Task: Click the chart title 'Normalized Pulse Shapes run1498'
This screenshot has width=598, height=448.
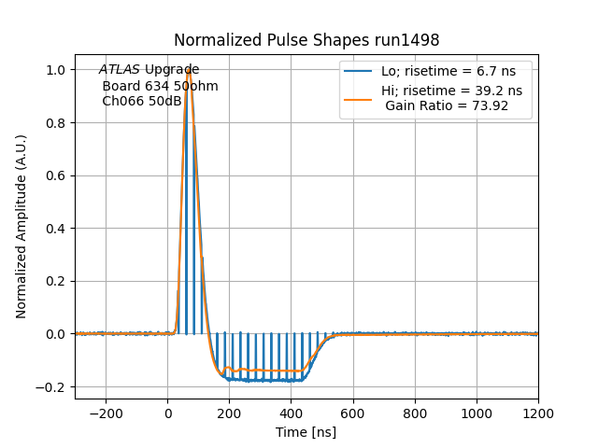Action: pyautogui.click(x=306, y=40)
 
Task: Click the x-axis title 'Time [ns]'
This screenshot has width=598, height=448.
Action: pyautogui.click(x=306, y=432)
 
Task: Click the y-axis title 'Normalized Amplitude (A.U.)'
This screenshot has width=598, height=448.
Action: pyautogui.click(x=21, y=227)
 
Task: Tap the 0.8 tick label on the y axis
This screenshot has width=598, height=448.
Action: pyautogui.click(x=56, y=123)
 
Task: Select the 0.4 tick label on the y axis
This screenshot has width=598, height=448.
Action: pyautogui.click(x=56, y=229)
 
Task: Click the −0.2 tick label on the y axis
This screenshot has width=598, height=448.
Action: pyautogui.click(x=52, y=386)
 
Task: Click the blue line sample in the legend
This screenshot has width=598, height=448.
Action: pyautogui.click(x=359, y=71)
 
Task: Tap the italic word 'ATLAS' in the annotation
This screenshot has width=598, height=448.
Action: pyautogui.click(x=120, y=70)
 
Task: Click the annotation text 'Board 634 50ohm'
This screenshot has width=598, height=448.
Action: pyautogui.click(x=160, y=86)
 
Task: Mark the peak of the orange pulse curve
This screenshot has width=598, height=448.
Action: pyautogui.click(x=189, y=69)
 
